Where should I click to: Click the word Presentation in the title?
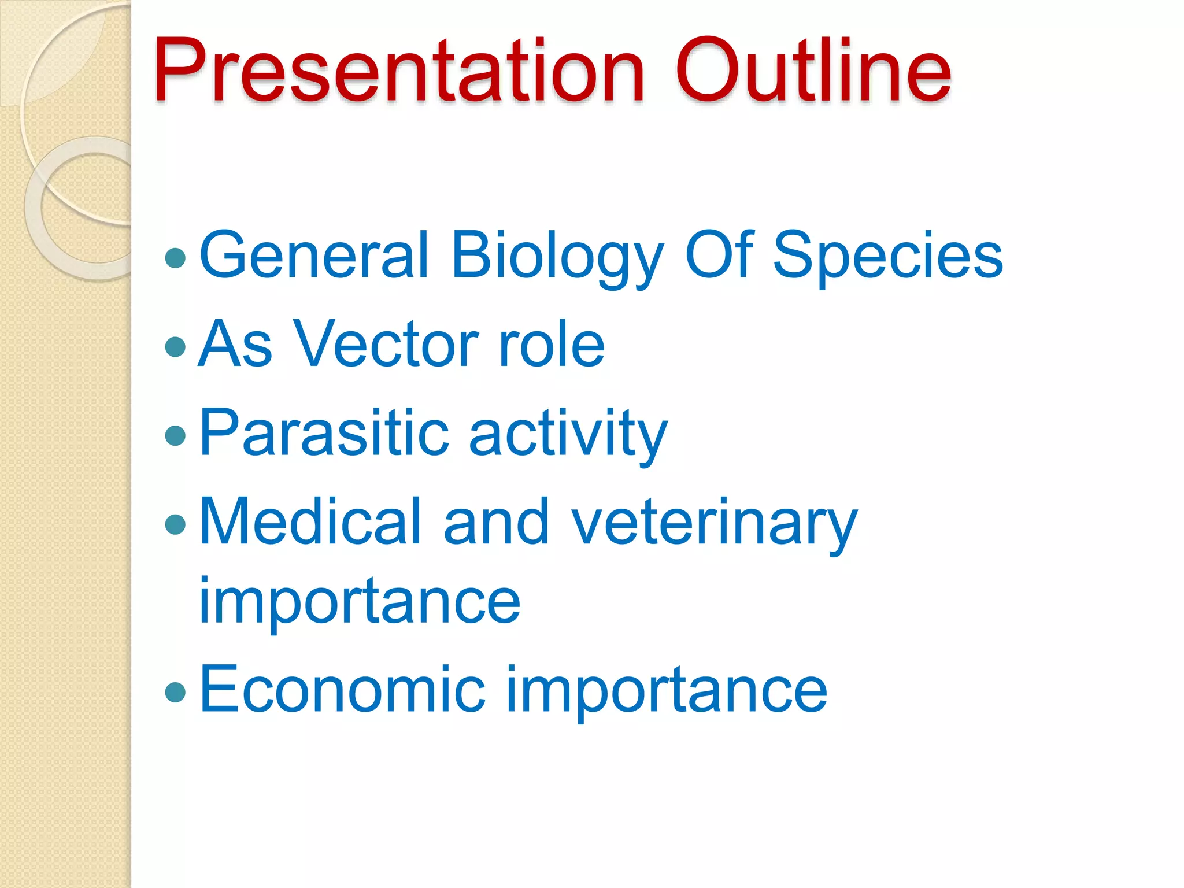pos(399,71)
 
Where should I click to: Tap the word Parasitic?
pos(324,434)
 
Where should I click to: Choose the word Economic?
pos(342,689)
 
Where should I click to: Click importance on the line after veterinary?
pos(359,603)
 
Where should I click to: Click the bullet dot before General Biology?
pos(175,258)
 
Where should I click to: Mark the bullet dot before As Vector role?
pos(175,347)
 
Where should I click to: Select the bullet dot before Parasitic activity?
pos(175,436)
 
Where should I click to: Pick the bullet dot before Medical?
pos(175,525)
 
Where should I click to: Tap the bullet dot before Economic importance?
pos(175,691)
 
